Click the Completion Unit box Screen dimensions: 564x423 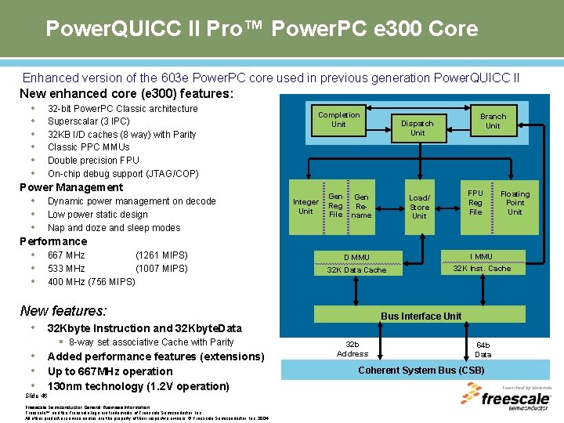338,120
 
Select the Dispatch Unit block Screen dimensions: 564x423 418,128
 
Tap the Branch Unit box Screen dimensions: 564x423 493,121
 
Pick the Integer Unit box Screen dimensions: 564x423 305,206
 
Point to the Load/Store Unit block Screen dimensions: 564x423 419,207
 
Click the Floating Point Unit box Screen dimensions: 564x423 515,203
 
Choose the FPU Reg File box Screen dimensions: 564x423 475,202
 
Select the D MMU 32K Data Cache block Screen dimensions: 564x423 356,263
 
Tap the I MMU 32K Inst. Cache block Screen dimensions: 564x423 482,262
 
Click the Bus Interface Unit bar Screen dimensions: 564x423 421,316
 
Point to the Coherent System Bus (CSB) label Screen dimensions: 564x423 421,371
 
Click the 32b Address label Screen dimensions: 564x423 352,349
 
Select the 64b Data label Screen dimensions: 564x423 483,349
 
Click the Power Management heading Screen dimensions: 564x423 71,187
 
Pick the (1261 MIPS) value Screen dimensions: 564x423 161,255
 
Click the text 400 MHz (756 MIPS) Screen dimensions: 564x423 91,282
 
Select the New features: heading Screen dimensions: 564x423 63,310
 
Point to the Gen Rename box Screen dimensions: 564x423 361,206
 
